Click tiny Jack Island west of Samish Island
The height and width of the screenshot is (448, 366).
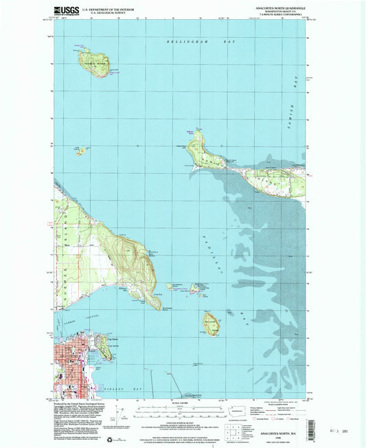point(81,150)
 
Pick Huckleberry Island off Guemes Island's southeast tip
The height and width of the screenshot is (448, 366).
point(170,287)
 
